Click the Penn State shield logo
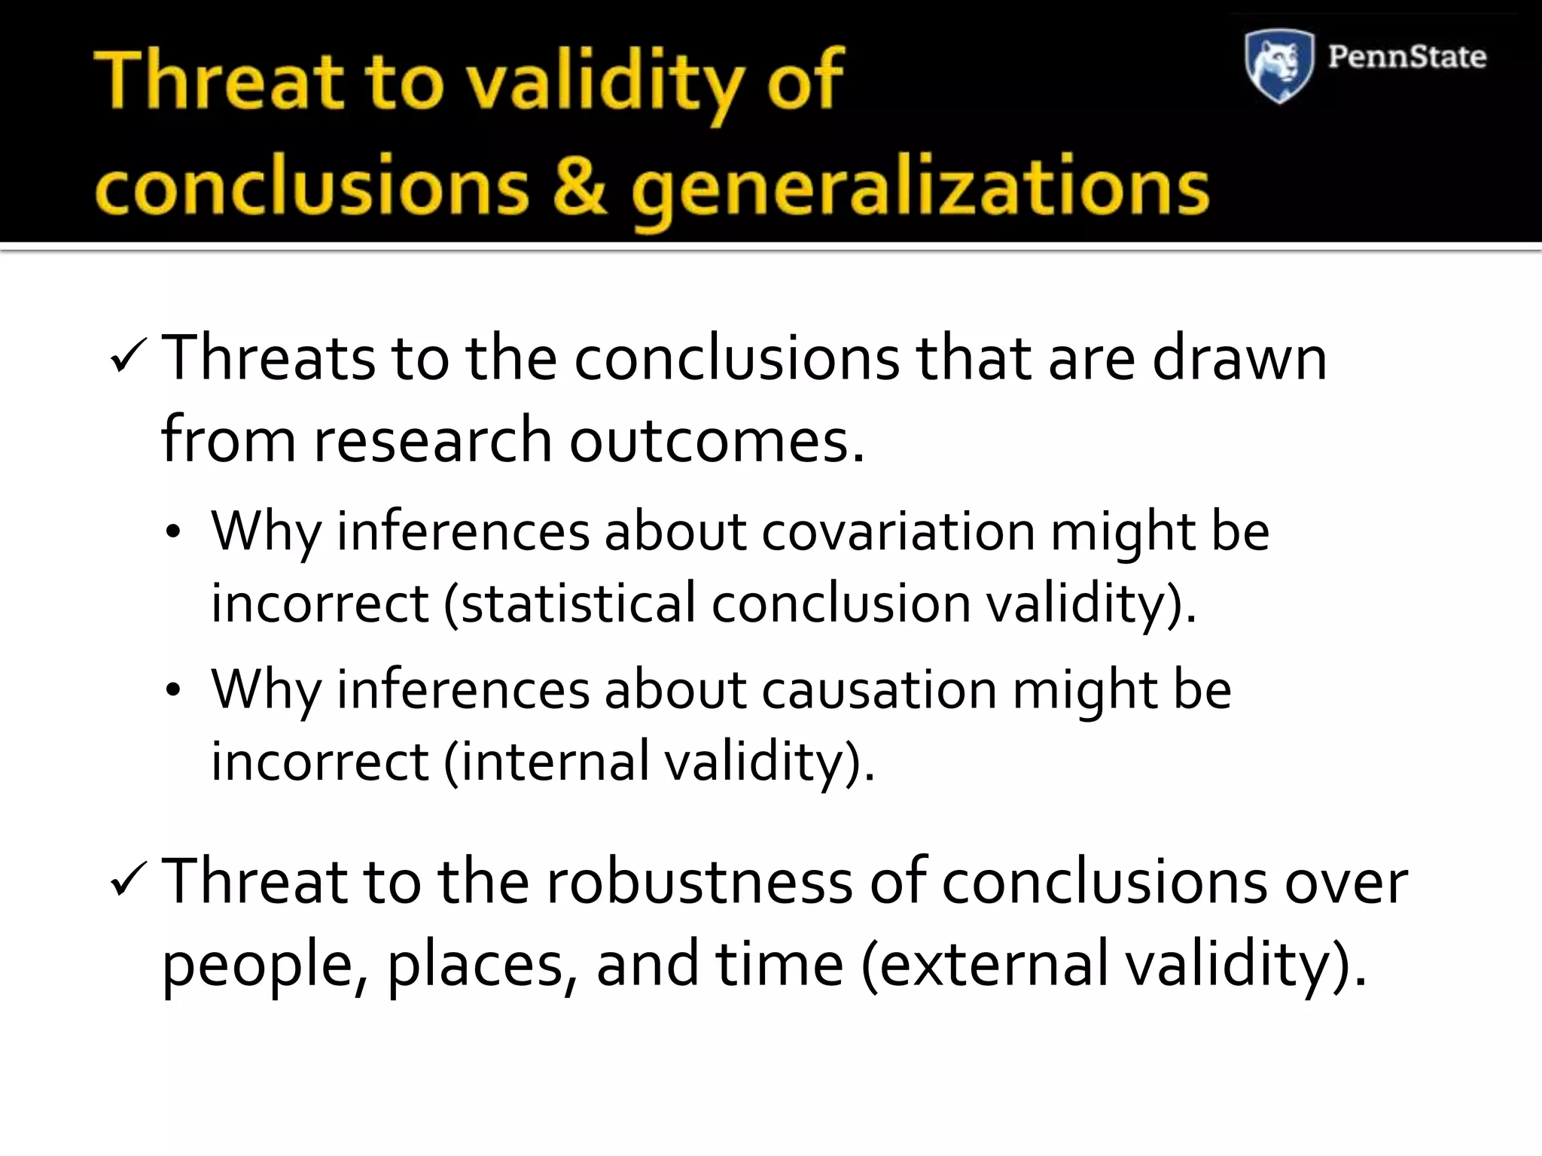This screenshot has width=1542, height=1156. [1279, 65]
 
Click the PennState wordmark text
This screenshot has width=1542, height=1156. [1406, 57]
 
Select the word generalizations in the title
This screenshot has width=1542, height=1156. [920, 190]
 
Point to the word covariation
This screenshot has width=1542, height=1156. [898, 531]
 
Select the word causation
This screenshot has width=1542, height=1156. [879, 689]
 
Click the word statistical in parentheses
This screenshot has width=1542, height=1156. [577, 604]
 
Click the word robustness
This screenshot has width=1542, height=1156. [699, 881]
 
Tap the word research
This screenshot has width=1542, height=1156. [432, 440]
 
